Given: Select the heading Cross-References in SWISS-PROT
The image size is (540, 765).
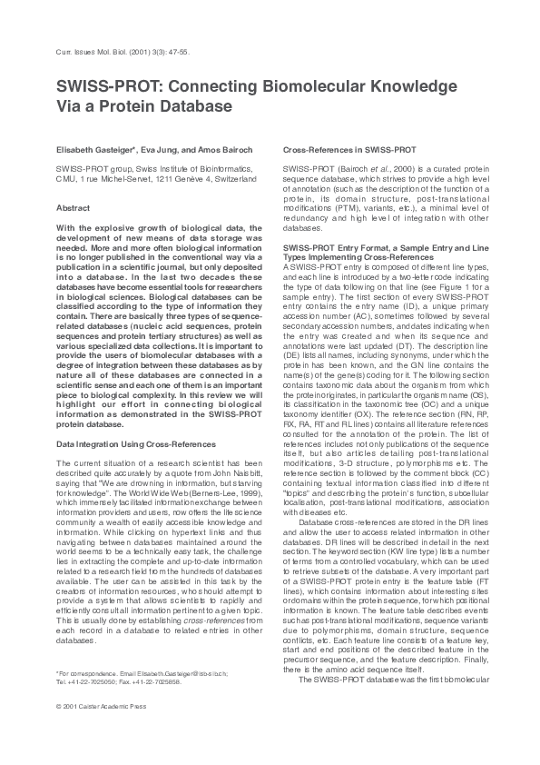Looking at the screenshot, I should click(349, 148).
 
